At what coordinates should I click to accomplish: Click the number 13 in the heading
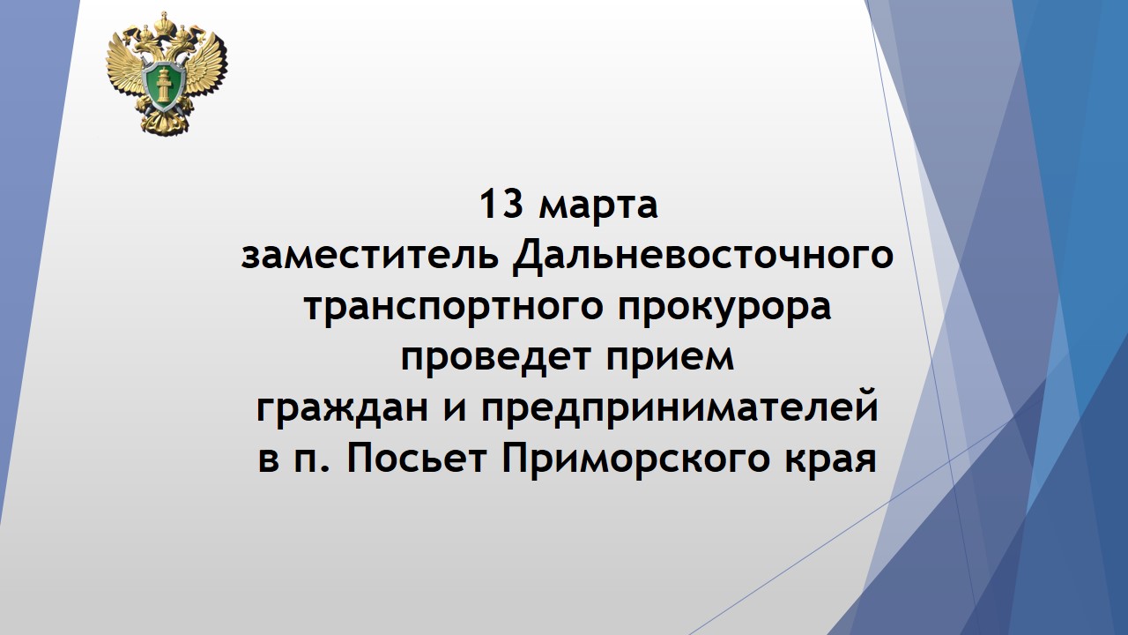(501, 205)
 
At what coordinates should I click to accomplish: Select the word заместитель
(369, 255)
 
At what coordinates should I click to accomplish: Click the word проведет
(495, 359)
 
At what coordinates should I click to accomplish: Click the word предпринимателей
(679, 408)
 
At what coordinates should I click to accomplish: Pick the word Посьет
(417, 458)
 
